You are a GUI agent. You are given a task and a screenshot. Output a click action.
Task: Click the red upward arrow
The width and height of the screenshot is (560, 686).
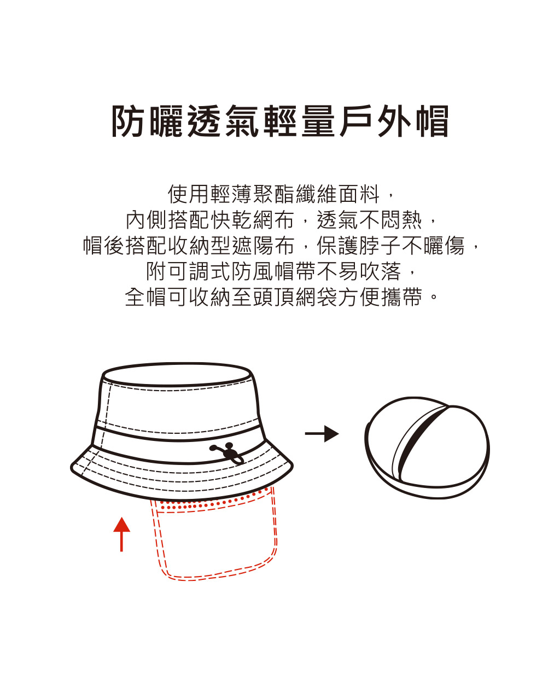click(x=121, y=534)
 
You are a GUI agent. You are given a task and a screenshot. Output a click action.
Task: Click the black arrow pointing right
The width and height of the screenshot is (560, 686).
click(x=322, y=434)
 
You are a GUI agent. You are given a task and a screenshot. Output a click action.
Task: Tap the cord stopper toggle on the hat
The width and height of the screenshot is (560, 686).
click(x=227, y=453)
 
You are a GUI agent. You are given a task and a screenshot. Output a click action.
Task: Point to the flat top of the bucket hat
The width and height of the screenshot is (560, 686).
click(x=177, y=375)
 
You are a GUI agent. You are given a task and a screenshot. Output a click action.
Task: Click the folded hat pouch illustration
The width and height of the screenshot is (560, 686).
click(x=427, y=448)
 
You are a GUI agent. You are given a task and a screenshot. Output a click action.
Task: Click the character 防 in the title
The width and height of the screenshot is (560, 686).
click(x=127, y=121)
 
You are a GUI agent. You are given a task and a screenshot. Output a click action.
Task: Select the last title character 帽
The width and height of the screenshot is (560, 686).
click(x=433, y=121)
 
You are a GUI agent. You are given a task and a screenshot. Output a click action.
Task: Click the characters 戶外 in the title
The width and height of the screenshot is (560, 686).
click(x=376, y=121)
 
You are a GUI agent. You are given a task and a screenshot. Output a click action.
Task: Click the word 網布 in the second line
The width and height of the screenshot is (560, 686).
click(x=274, y=220)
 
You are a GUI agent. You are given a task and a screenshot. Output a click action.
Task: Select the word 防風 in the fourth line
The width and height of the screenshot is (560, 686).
click(x=252, y=271)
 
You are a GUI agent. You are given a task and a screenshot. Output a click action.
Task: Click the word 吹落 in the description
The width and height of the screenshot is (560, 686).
click(x=380, y=271)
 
